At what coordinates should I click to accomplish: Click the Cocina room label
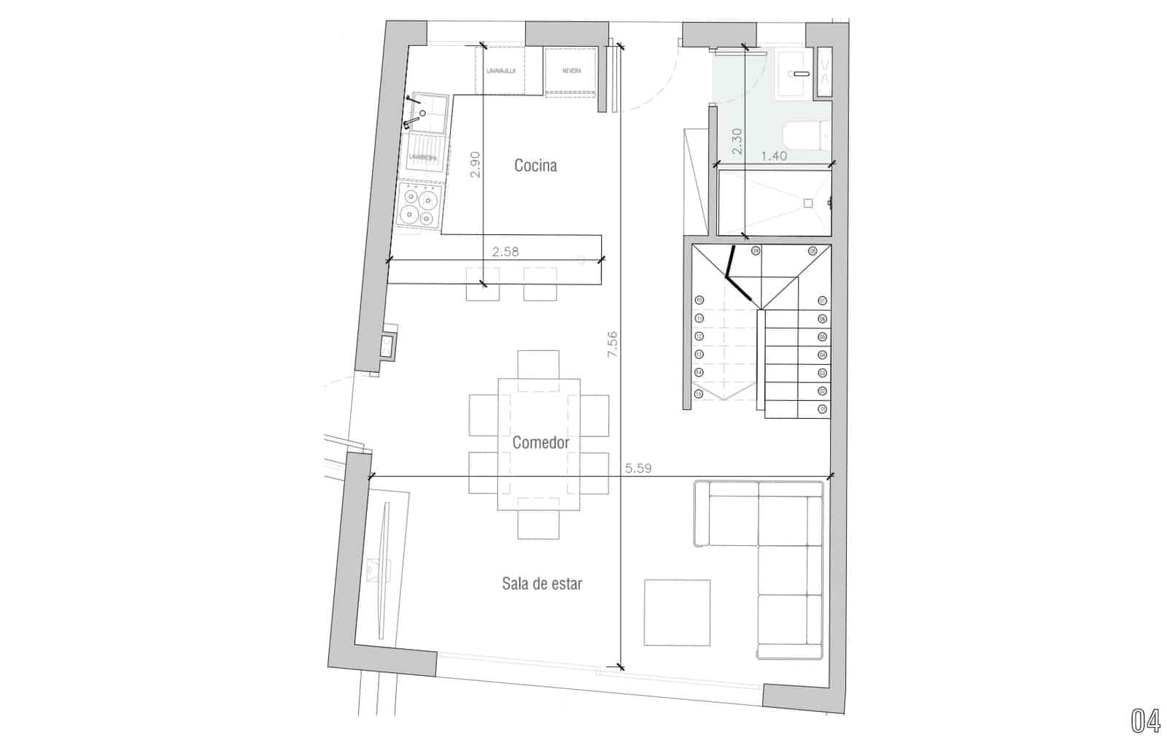535,166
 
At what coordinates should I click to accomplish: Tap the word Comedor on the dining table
540,442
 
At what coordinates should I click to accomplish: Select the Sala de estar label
541,583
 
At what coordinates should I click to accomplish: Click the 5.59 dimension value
638,469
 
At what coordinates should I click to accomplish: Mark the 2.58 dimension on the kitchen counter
505,252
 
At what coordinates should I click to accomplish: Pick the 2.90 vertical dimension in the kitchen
475,165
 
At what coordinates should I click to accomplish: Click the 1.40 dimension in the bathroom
773,155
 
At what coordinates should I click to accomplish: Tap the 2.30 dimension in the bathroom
737,141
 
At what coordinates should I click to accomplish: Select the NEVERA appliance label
572,71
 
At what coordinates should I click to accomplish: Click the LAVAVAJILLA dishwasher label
501,71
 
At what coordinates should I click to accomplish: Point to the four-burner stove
421,205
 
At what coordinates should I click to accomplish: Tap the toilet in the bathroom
806,135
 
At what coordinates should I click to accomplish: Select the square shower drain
807,204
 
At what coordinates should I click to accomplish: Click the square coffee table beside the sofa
677,612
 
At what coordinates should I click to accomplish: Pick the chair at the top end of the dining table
538,363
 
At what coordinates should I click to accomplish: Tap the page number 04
1145,720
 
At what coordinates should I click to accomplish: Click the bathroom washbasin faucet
801,74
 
